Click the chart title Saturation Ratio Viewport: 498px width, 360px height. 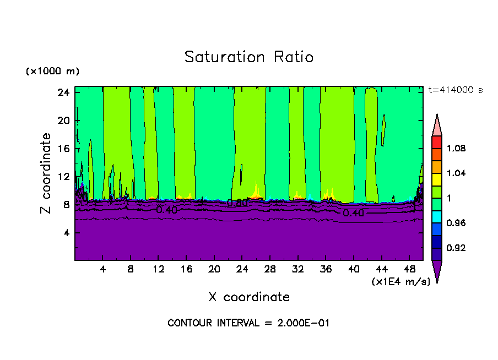tap(249, 57)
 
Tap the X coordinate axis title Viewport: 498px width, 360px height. tap(249, 297)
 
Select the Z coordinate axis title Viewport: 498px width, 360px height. tap(47, 174)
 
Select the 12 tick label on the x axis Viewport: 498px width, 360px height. tap(158, 269)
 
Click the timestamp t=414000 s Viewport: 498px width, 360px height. tap(455, 90)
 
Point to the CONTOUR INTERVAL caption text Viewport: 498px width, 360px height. tap(248, 323)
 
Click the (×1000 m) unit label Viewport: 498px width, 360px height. tap(52, 72)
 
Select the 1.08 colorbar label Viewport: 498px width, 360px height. tap(456, 149)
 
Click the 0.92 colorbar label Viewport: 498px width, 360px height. tap(456, 248)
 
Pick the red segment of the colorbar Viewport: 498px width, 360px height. tap(437, 142)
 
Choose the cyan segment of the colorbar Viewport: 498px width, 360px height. tap(437, 211)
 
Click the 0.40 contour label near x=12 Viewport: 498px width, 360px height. tap(166, 210)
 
